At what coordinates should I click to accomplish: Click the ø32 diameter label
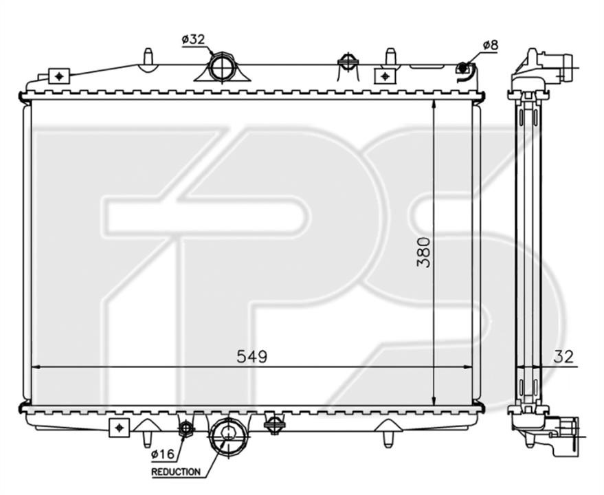tap(193, 39)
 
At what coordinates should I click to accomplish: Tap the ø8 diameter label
tap(490, 45)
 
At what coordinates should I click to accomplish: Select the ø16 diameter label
tap(163, 455)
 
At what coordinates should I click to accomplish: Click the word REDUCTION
tap(176, 472)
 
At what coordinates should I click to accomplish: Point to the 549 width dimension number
tap(251, 357)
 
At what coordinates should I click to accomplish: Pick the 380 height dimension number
tap(423, 252)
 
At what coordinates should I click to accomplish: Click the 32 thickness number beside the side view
tap(563, 357)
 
